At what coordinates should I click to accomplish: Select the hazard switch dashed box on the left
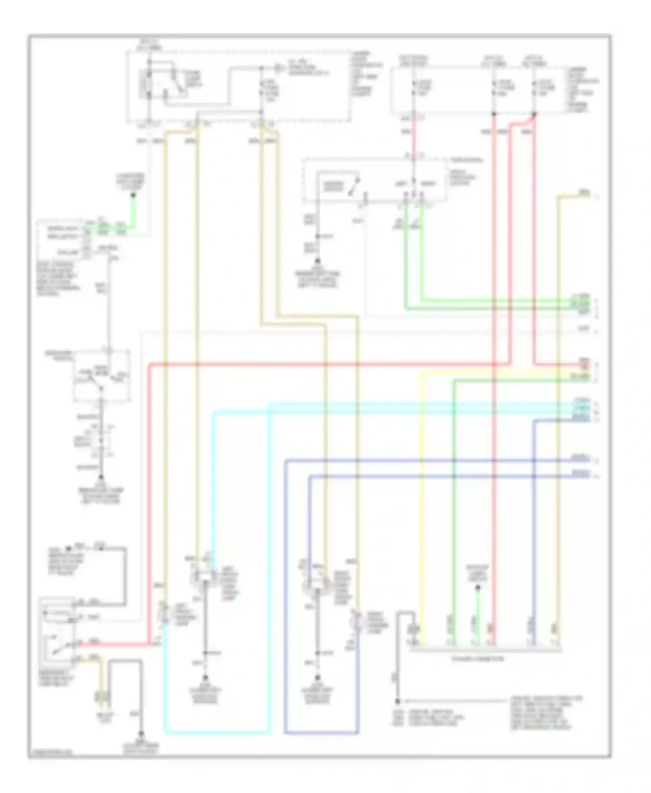(102, 375)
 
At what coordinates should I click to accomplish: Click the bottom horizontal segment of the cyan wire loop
(217, 733)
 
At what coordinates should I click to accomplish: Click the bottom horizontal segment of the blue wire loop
(322, 733)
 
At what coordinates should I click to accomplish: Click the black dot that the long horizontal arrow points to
(397, 701)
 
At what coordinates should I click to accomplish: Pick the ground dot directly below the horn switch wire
(317, 261)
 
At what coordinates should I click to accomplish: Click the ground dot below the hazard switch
(101, 477)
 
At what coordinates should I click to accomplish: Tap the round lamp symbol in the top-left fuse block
(278, 68)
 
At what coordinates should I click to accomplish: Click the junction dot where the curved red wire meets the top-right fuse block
(534, 115)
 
